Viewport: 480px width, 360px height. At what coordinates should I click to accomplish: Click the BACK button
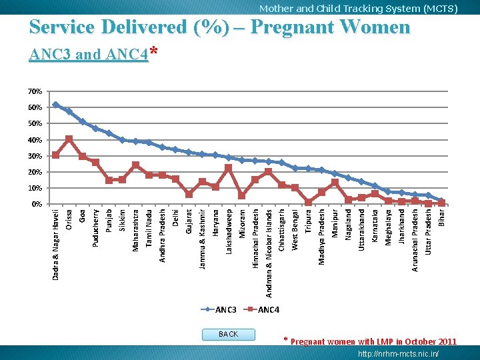click(x=229, y=334)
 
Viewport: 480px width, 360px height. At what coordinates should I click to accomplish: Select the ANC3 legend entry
click(x=219, y=309)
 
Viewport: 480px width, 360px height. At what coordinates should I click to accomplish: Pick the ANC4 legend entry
click(x=261, y=309)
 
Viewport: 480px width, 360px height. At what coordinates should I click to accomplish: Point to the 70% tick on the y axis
click(x=35, y=91)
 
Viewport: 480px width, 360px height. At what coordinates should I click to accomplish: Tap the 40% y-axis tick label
click(x=35, y=140)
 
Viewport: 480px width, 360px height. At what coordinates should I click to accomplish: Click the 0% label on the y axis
click(x=37, y=204)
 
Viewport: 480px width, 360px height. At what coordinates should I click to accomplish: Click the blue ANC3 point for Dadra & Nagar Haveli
click(x=55, y=105)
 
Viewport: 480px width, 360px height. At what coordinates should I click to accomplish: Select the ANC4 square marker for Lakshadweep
click(x=229, y=168)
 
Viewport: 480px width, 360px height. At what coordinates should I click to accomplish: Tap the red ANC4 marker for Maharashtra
click(x=135, y=165)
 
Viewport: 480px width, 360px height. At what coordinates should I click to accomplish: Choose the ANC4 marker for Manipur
click(x=335, y=183)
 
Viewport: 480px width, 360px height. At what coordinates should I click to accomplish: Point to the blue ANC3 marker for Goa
click(x=83, y=121)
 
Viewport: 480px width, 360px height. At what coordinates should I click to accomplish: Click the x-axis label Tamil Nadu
click(x=149, y=229)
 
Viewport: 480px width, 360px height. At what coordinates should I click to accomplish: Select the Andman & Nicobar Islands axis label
click(x=269, y=253)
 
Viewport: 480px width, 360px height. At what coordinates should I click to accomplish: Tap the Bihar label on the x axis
click(x=441, y=217)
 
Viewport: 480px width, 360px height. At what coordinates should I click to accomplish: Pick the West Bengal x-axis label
click(x=295, y=230)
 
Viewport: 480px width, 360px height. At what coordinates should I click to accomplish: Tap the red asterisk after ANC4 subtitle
click(x=154, y=50)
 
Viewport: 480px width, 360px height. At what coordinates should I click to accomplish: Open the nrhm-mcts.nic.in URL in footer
click(x=398, y=353)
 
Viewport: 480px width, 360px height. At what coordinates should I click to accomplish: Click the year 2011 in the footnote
click(x=447, y=341)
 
